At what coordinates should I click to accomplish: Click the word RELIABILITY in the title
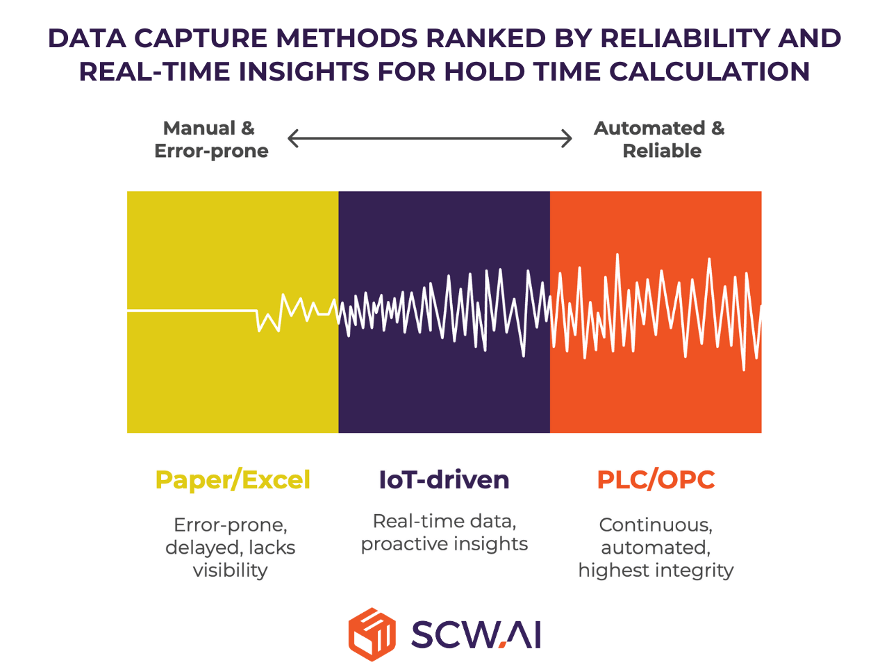coord(686,38)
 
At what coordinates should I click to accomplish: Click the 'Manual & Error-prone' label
coord(211,140)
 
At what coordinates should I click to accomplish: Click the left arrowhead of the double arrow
coord(292,138)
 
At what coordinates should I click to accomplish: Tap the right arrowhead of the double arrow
coord(567,138)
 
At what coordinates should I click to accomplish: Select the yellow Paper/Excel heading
coord(233,480)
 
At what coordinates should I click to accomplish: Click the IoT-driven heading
coord(444,480)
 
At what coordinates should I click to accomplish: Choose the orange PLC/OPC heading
coord(656,480)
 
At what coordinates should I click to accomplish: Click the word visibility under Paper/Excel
coord(230,570)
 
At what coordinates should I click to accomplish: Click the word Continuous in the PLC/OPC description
coord(656,525)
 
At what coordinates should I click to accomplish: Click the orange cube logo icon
coord(372,634)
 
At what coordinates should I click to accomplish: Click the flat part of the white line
coord(192,311)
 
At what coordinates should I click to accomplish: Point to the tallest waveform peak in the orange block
coord(617,254)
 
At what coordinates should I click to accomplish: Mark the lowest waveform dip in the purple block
coord(524,356)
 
